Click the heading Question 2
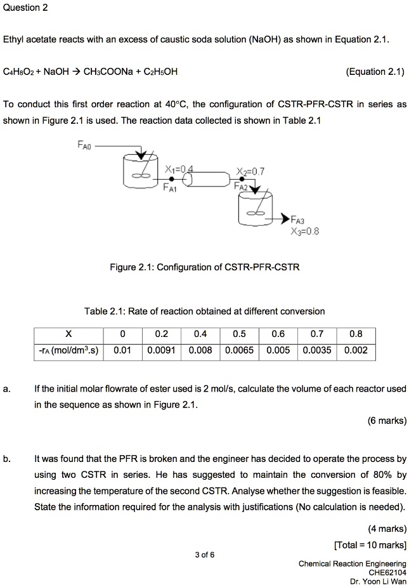[25, 8]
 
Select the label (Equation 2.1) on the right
[375, 71]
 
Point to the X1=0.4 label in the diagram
[178, 169]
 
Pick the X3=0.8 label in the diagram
[304, 231]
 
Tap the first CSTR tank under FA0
[141, 172]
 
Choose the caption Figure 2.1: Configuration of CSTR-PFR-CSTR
[204, 267]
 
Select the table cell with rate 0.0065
[240, 350]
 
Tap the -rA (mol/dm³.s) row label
[68, 350]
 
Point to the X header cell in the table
[68, 334]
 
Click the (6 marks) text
[387, 420]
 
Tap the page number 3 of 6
[205, 555]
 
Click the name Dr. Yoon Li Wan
[378, 581]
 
